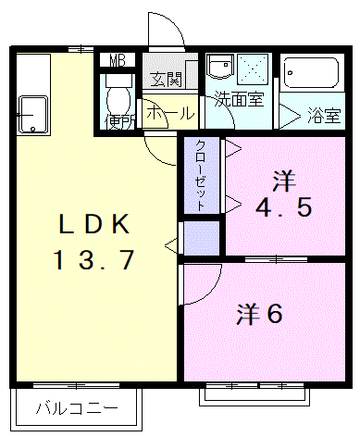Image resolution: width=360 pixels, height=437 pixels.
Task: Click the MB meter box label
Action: [x=118, y=60]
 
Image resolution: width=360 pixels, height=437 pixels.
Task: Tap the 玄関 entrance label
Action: [x=167, y=80]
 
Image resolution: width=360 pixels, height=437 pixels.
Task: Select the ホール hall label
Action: [x=170, y=113]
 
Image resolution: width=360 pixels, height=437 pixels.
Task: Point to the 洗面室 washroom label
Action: [x=239, y=99]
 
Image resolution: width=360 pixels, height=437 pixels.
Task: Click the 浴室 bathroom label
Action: [x=324, y=116]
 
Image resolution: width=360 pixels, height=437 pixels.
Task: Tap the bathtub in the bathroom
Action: [x=311, y=73]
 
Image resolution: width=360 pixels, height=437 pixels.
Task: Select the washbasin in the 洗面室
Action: [x=220, y=67]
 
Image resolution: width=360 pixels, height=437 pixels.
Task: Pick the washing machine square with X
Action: [x=253, y=69]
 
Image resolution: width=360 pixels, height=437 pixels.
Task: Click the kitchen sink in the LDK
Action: [x=33, y=115]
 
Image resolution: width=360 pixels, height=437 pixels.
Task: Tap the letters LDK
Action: [x=94, y=223]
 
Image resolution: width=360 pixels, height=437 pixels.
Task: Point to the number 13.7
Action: [x=93, y=259]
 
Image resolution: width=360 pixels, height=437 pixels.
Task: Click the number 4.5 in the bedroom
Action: [x=284, y=207]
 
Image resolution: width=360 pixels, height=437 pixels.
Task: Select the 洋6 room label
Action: [x=259, y=314]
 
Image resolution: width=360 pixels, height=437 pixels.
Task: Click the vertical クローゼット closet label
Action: [x=201, y=175]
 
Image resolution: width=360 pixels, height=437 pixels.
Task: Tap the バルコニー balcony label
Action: [x=77, y=408]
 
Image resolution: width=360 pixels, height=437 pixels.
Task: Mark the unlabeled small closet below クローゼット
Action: [x=202, y=238]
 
